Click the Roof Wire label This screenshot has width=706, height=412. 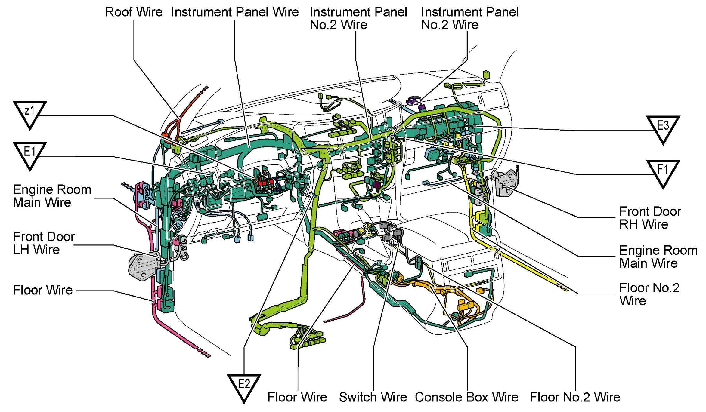click(x=133, y=12)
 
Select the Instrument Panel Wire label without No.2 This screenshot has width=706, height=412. click(x=235, y=12)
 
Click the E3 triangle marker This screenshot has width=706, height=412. click(x=663, y=128)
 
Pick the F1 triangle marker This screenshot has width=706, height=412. click(x=663, y=172)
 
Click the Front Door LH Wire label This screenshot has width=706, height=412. click(x=44, y=243)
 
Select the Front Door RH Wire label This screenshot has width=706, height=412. click(x=650, y=218)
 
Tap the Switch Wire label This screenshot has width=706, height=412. click(x=373, y=397)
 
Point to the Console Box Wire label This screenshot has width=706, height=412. click(x=466, y=397)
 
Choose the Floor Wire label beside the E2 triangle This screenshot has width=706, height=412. click(x=297, y=397)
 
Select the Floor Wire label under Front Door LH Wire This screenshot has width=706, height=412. click(x=43, y=290)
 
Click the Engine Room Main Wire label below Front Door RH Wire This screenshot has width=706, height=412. click(x=658, y=257)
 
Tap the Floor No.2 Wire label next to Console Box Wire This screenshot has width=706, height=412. click(x=575, y=397)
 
